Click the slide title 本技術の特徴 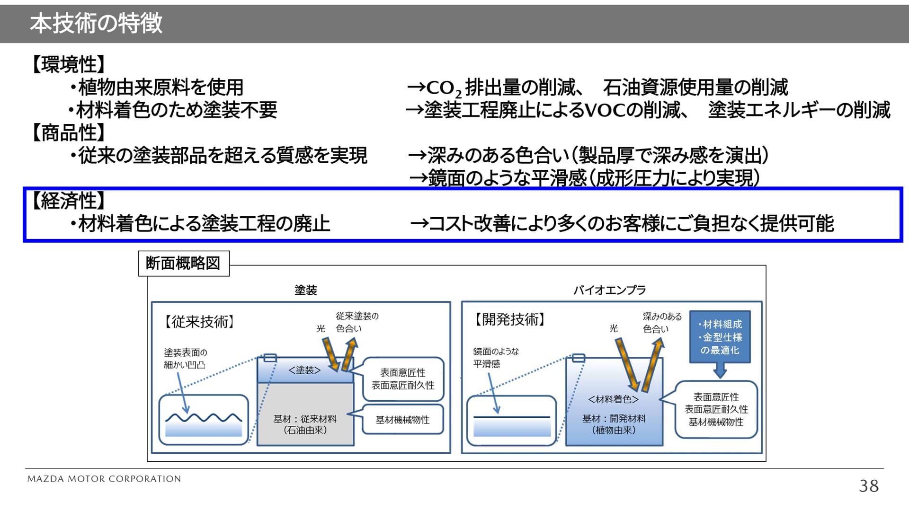(96, 23)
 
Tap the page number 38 (868, 486)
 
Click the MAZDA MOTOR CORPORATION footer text (104, 479)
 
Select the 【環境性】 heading (68, 64)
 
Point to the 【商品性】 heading (68, 133)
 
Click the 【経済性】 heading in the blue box (68, 201)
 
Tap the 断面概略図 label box (183, 263)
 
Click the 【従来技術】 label (199, 322)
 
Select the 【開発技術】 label (510, 319)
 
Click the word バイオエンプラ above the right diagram (609, 290)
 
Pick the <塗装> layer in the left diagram (304, 370)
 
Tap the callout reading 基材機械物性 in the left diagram (402, 420)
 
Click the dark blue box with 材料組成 (720, 337)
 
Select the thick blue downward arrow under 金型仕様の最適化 (720, 370)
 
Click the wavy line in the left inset (204, 418)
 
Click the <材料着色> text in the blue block (614, 399)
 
